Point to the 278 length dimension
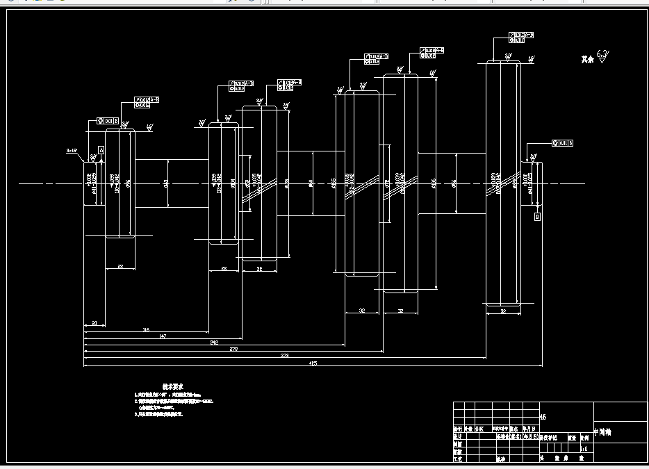(233, 349)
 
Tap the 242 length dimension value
(214, 343)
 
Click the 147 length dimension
(163, 336)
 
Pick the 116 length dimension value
(146, 329)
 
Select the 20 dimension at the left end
(94, 322)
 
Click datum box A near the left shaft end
(101, 149)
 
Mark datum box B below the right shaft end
(537, 217)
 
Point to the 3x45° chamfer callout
(72, 150)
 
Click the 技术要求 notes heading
(172, 386)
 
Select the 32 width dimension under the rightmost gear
(502, 312)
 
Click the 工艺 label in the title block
(458, 459)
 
